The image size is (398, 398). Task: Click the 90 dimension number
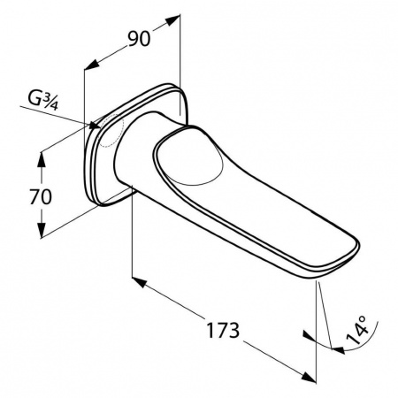(x=139, y=39)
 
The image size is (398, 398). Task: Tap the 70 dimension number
(x=41, y=197)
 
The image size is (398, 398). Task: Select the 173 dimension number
(x=223, y=330)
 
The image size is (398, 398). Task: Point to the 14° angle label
(x=356, y=330)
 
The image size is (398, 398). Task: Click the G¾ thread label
(x=42, y=99)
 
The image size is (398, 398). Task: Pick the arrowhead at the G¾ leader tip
(x=95, y=126)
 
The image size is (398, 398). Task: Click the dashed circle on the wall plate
(x=111, y=130)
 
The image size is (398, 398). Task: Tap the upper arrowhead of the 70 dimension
(x=42, y=159)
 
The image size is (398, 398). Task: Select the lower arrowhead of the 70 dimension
(x=42, y=229)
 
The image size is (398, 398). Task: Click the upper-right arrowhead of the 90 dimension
(x=173, y=20)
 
